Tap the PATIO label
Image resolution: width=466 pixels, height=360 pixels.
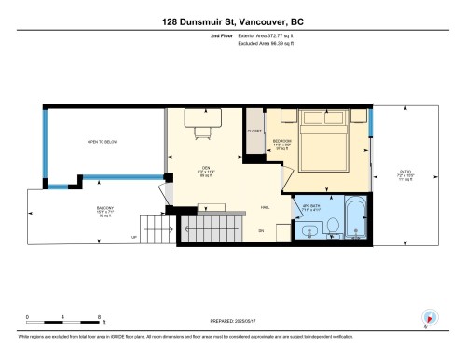click(404, 173)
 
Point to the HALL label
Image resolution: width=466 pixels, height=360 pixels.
click(265, 207)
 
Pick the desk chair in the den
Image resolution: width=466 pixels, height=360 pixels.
click(199, 130)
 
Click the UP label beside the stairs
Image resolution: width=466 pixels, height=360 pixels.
click(134, 237)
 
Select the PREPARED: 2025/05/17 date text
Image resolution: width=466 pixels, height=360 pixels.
click(233, 318)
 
